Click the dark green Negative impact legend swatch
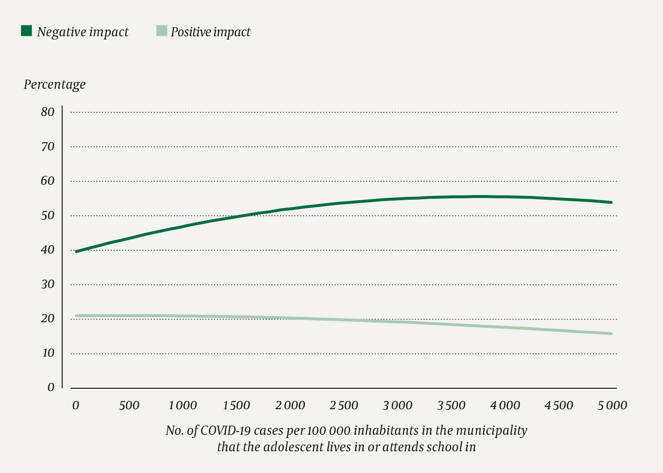26,31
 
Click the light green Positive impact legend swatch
161,31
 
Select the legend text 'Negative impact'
83,32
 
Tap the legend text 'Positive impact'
210,32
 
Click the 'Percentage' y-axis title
55,85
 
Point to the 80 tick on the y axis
47,112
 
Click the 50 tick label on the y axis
47,215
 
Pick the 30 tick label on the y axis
47,284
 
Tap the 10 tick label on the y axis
47,353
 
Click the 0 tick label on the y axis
51,387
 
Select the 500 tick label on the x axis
129,405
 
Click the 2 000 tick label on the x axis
290,405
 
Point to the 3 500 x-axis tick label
451,405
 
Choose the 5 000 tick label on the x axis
612,405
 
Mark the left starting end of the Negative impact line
76,252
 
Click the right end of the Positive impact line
611,334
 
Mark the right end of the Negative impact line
611,202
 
